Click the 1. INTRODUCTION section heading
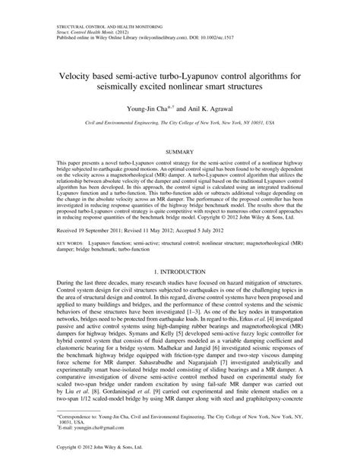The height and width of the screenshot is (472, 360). click(x=179, y=269)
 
